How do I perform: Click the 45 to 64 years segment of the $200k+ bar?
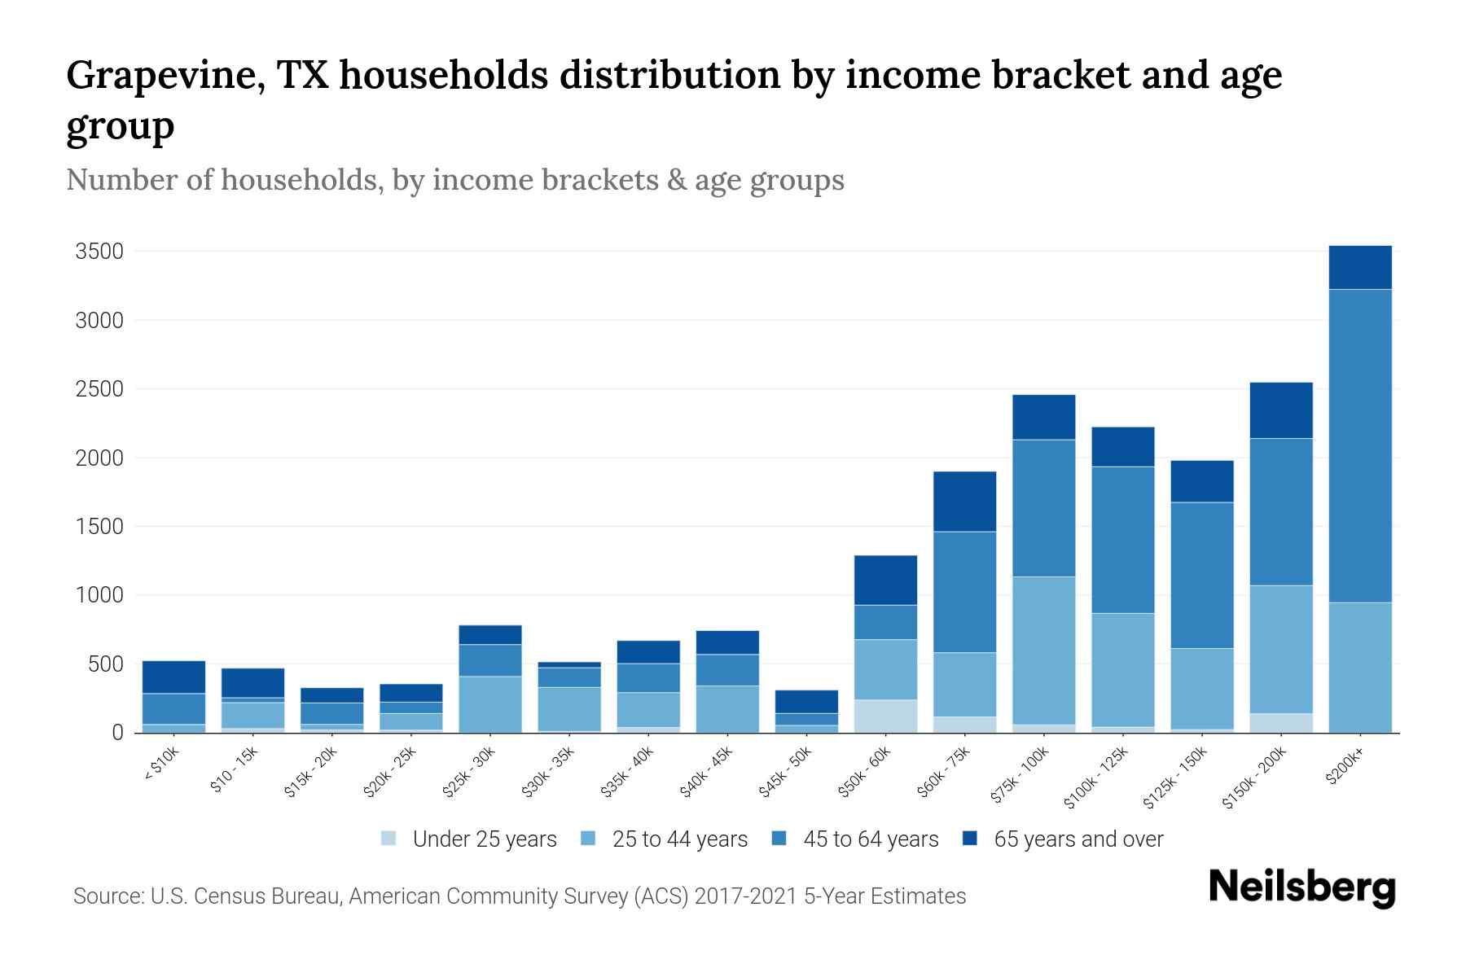tap(1360, 445)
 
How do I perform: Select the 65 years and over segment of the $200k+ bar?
tap(1360, 267)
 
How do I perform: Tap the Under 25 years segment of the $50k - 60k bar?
tap(885, 716)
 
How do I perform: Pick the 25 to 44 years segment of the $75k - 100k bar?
tap(1043, 650)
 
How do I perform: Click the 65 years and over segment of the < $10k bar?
tap(173, 677)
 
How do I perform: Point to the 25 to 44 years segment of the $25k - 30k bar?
tap(490, 703)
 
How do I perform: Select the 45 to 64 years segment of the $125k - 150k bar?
tap(1202, 575)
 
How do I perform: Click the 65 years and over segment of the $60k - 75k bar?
tap(964, 502)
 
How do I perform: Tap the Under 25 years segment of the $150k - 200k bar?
tap(1281, 723)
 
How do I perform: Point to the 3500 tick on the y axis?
tap(99, 252)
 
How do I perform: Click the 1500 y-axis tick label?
tap(99, 527)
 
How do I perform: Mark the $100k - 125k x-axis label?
tap(1096, 778)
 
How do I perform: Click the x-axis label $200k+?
tap(1345, 767)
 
